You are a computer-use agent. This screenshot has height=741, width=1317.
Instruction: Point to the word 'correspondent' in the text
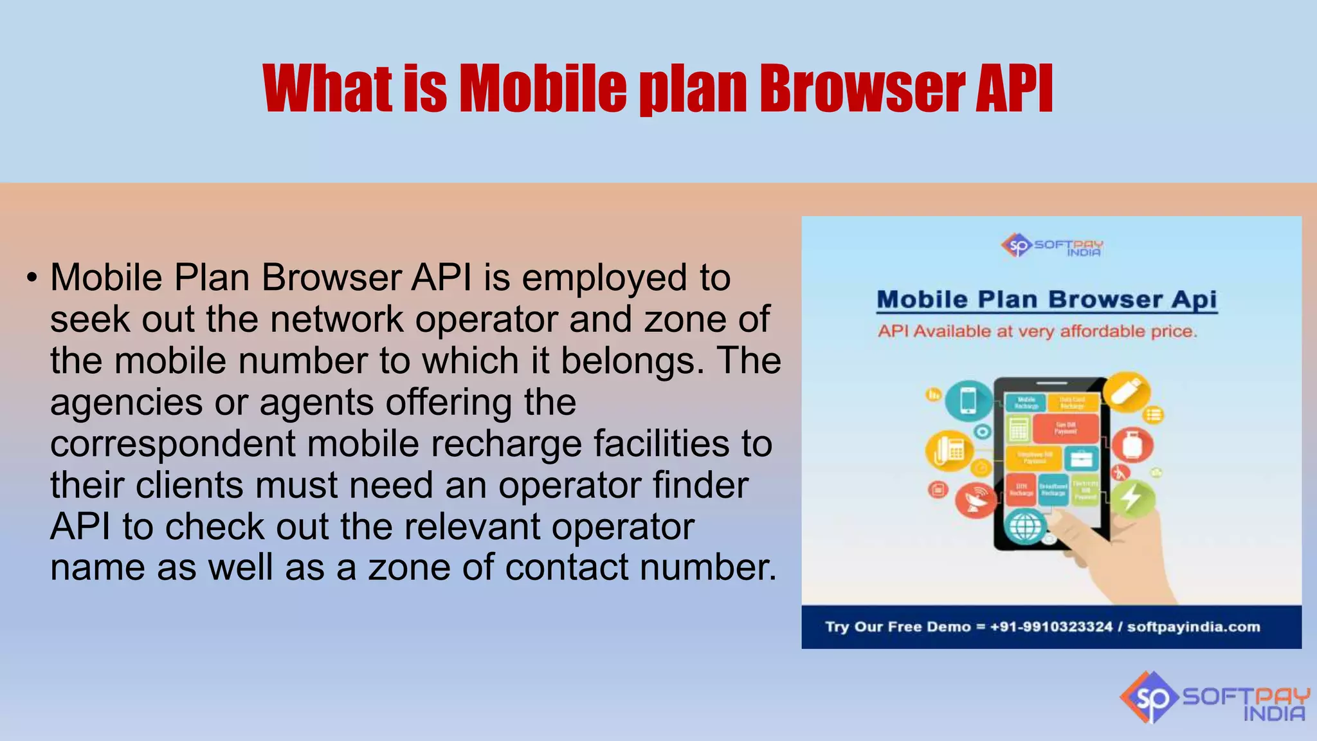click(x=172, y=444)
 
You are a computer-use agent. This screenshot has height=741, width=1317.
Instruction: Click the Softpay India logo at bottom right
click(x=1214, y=697)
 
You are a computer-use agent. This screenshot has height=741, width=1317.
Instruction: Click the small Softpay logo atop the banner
click(x=1052, y=246)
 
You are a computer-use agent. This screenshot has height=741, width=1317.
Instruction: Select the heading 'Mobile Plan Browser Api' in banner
click(x=1046, y=300)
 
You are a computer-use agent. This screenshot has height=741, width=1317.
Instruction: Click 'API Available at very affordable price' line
click(x=1037, y=332)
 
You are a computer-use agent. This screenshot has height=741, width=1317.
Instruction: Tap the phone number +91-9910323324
click(x=1051, y=627)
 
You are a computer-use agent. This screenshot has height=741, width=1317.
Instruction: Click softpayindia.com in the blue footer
click(x=1194, y=627)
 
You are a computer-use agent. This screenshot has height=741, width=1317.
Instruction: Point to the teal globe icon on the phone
click(x=1025, y=526)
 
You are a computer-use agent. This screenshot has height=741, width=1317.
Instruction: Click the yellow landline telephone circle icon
click(x=948, y=450)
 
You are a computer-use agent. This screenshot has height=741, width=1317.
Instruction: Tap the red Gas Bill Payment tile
click(x=1066, y=428)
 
